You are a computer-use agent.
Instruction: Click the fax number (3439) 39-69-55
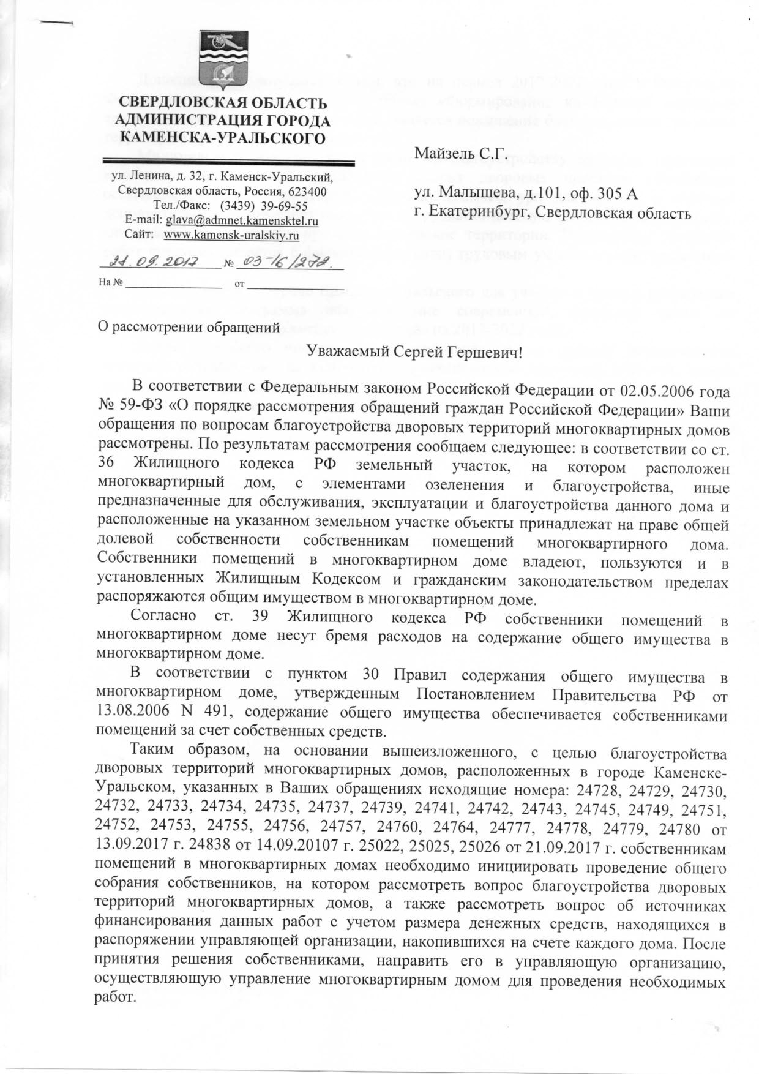coord(263,206)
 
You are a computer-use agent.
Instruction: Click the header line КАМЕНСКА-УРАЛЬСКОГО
coord(223,138)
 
